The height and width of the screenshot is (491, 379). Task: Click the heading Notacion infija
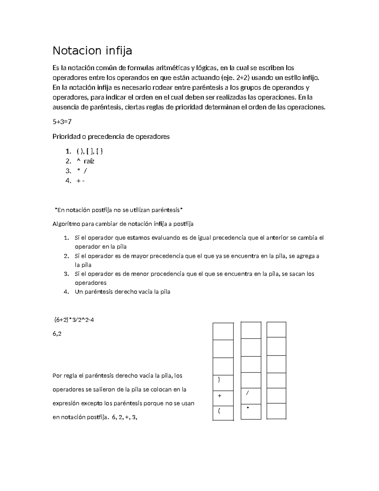click(x=92, y=51)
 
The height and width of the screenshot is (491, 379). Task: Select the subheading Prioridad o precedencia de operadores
click(x=111, y=137)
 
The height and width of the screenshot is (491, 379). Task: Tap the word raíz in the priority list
click(x=89, y=161)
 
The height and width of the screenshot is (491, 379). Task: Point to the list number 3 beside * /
click(x=68, y=171)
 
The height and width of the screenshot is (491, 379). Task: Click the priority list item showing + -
click(x=81, y=181)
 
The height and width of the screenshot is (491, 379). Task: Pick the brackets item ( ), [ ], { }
click(x=90, y=151)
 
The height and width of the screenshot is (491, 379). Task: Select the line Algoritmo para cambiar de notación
click(x=123, y=224)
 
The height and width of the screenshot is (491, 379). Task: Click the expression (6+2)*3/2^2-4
click(x=74, y=320)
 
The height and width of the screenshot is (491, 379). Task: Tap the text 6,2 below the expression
click(x=57, y=334)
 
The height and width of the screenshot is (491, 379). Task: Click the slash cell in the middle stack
click(x=251, y=396)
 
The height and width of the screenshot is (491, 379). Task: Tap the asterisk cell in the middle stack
click(x=251, y=411)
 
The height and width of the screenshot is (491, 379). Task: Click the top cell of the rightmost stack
click(x=276, y=330)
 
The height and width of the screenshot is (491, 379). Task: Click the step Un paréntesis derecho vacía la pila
click(x=122, y=292)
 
